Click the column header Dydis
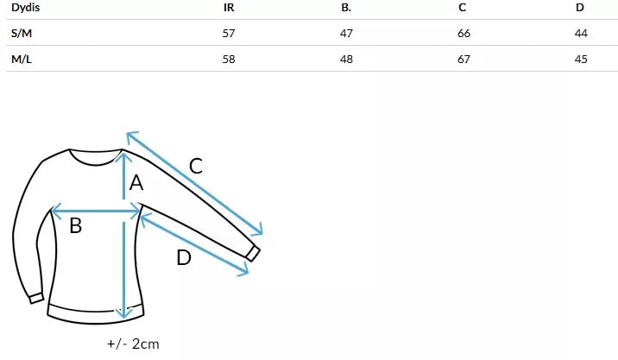point(25,8)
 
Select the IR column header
point(229,8)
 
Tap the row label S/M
point(22,33)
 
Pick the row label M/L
point(22,60)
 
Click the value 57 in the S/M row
point(229,33)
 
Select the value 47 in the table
point(346,33)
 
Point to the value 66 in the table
point(463,33)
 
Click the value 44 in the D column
point(581,33)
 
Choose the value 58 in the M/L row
point(229,60)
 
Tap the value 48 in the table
point(346,60)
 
